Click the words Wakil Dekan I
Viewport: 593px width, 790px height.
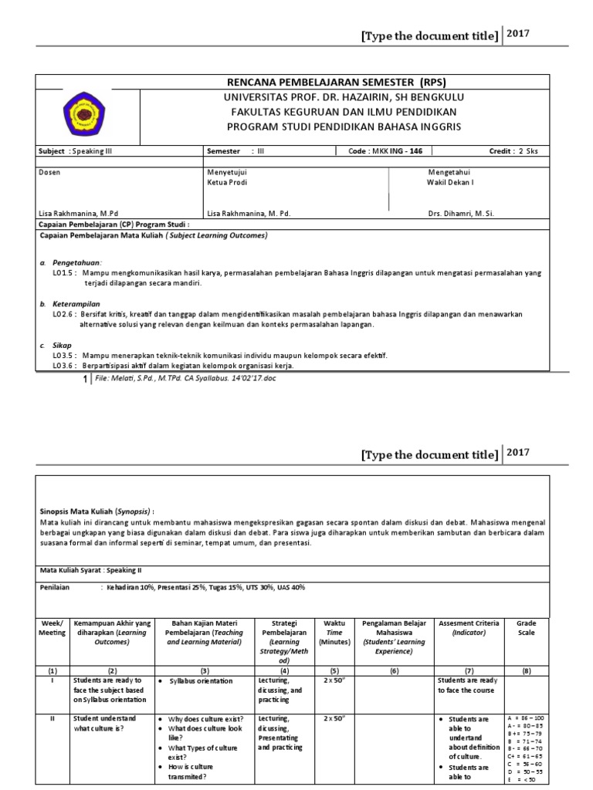pyautogui.click(x=451, y=184)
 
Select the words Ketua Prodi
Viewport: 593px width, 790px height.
pyautogui.click(x=228, y=184)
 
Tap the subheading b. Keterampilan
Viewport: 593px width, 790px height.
pyautogui.click(x=73, y=304)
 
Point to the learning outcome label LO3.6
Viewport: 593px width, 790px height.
pyautogui.click(x=63, y=365)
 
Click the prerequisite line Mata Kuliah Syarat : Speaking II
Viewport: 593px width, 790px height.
pyautogui.click(x=92, y=570)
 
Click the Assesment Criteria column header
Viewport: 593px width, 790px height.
pyautogui.click(x=468, y=623)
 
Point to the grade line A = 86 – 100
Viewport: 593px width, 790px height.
pyautogui.click(x=527, y=719)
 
